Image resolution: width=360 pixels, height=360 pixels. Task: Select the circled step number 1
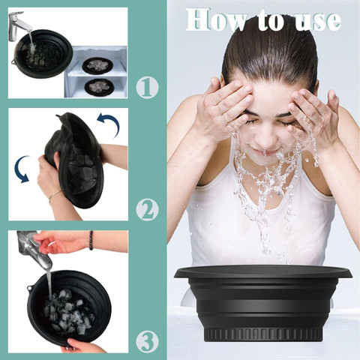pyautogui.click(x=147, y=88)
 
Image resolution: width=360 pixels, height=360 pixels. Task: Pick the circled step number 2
pyautogui.click(x=147, y=209)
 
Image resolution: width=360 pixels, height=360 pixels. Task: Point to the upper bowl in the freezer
pyautogui.click(x=97, y=64)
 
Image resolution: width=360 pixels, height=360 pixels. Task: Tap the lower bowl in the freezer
pyautogui.click(x=99, y=86)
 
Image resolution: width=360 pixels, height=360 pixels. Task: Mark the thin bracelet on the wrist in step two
pyautogui.click(x=55, y=195)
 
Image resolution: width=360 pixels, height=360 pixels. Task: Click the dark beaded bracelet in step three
pyautogui.click(x=91, y=240)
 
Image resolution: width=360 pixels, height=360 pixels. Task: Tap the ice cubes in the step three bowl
pyautogui.click(x=69, y=311)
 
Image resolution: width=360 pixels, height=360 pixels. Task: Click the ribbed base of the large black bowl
pyautogui.click(x=262, y=334)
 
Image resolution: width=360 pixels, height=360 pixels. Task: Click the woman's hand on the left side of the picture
pyautogui.click(x=226, y=105)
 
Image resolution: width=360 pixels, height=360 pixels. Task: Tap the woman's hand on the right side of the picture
pyautogui.click(x=313, y=115)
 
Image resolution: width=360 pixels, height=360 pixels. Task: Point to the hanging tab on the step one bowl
pyautogui.click(x=13, y=61)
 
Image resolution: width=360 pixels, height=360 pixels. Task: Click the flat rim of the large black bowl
pyautogui.click(x=262, y=273)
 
